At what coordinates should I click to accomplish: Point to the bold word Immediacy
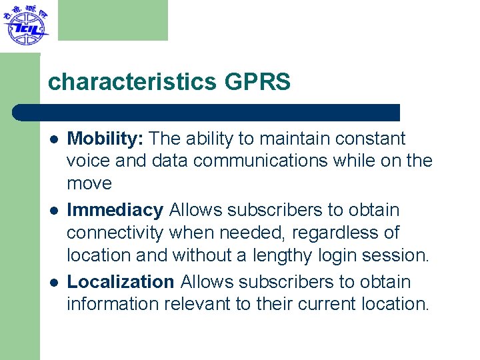tap(115, 210)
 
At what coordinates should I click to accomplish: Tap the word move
tap(89, 183)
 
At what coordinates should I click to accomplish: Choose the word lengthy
tap(285, 255)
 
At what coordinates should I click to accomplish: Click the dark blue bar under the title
tap(207, 112)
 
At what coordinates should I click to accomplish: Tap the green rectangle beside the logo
tap(113, 20)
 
